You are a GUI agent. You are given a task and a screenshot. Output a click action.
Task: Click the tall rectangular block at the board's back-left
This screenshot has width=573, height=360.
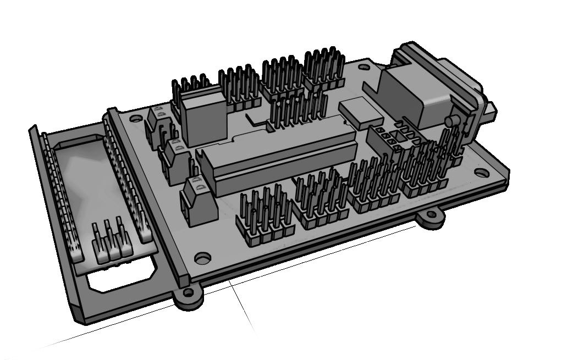pyautogui.click(x=204, y=118)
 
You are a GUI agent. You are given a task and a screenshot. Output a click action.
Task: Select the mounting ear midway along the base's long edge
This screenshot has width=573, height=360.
pyautogui.click(x=430, y=218)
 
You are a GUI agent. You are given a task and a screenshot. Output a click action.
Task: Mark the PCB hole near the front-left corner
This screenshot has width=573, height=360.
pyautogui.click(x=202, y=257)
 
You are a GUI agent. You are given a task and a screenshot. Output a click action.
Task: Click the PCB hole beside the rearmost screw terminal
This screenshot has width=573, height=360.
pyautogui.click(x=134, y=118)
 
